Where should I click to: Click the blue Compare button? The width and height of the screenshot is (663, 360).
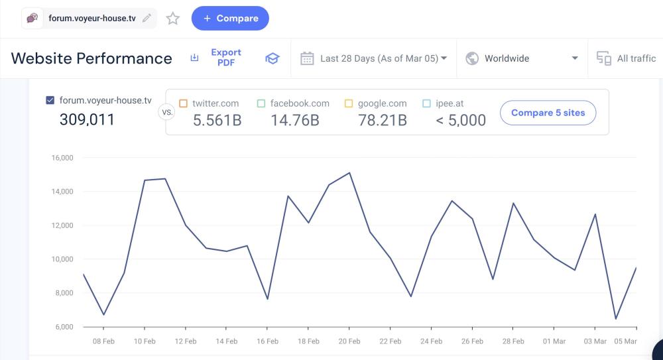click(230, 19)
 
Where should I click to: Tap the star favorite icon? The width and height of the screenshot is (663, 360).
click(173, 19)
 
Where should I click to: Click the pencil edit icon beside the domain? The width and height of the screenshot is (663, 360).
click(147, 19)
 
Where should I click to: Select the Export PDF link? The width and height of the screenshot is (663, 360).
click(225, 58)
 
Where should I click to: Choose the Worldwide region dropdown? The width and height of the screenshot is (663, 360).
click(522, 58)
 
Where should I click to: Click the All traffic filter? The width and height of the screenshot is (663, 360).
click(627, 58)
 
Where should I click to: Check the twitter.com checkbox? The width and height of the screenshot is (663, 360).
click(184, 103)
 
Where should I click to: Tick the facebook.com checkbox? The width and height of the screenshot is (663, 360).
click(261, 103)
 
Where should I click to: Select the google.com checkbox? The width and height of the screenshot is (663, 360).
click(349, 103)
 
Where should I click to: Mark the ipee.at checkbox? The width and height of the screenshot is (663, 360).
click(427, 103)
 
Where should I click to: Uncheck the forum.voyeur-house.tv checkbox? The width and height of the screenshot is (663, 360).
click(50, 101)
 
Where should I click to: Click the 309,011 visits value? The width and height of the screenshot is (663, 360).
click(87, 120)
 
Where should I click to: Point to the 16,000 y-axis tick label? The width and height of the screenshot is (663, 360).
click(62, 158)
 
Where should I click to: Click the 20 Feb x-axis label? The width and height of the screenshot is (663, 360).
click(349, 341)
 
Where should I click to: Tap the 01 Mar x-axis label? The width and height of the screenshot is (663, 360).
click(554, 341)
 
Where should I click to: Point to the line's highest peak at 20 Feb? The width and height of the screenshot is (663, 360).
click(349, 173)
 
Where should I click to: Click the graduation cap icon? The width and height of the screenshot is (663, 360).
click(272, 58)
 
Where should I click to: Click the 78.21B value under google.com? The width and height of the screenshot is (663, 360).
click(382, 120)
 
